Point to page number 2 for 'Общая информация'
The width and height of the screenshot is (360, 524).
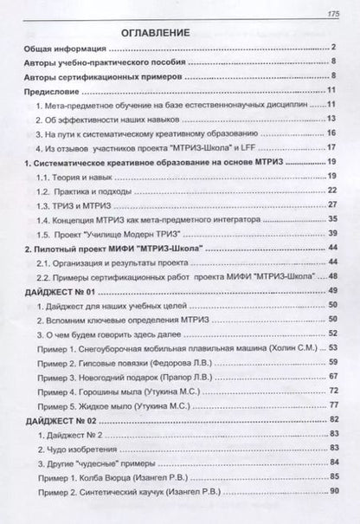pyautogui.click(x=333, y=49)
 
